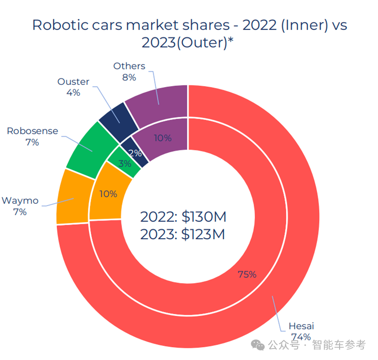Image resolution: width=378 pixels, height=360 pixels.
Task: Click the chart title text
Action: [x=190, y=34]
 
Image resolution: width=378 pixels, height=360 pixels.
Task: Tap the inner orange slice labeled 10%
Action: [x=107, y=194]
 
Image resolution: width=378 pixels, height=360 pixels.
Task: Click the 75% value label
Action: [x=247, y=275]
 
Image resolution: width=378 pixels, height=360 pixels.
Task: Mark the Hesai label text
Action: [x=301, y=326]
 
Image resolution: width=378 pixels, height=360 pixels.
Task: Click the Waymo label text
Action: [x=20, y=201]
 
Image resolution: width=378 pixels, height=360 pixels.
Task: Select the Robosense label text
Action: [x=32, y=131]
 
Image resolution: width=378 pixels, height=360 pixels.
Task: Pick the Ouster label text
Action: [x=73, y=81]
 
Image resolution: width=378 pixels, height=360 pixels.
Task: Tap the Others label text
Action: [x=129, y=66]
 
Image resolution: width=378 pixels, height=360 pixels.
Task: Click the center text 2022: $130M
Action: [x=183, y=217]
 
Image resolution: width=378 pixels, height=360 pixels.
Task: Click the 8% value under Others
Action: [x=129, y=77]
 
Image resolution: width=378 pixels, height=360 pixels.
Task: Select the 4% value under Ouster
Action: [x=73, y=92]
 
